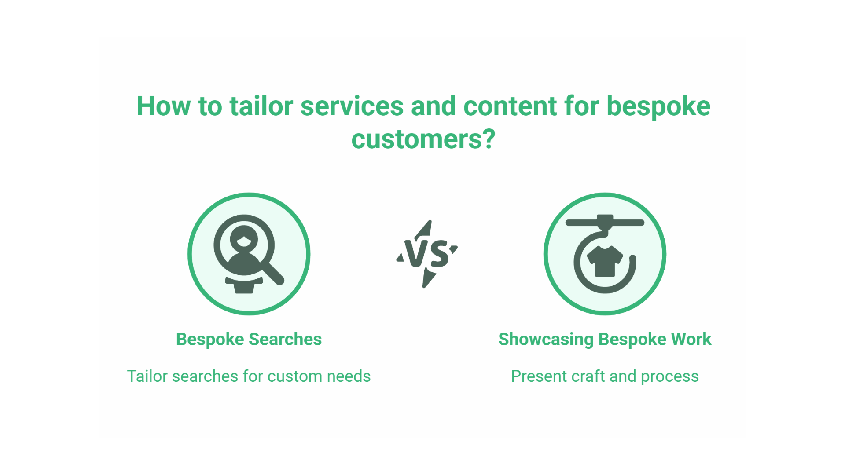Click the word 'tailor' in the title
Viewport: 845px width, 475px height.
(x=261, y=106)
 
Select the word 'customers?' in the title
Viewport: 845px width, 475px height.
(x=423, y=139)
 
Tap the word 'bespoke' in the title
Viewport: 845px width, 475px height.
(x=658, y=106)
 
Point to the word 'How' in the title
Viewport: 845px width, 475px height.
(x=163, y=106)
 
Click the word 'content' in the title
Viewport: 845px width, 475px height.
(x=510, y=106)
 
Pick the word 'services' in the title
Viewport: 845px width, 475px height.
(x=352, y=106)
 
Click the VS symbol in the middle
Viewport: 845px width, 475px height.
(x=427, y=254)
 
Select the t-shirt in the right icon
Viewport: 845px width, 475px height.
(x=605, y=261)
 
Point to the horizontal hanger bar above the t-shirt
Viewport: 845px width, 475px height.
(x=605, y=223)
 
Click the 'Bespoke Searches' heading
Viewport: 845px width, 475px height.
(x=249, y=340)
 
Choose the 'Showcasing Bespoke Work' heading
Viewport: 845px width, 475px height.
(x=605, y=340)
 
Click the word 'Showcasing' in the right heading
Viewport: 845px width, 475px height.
(x=546, y=340)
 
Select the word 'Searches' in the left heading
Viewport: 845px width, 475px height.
(x=285, y=340)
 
